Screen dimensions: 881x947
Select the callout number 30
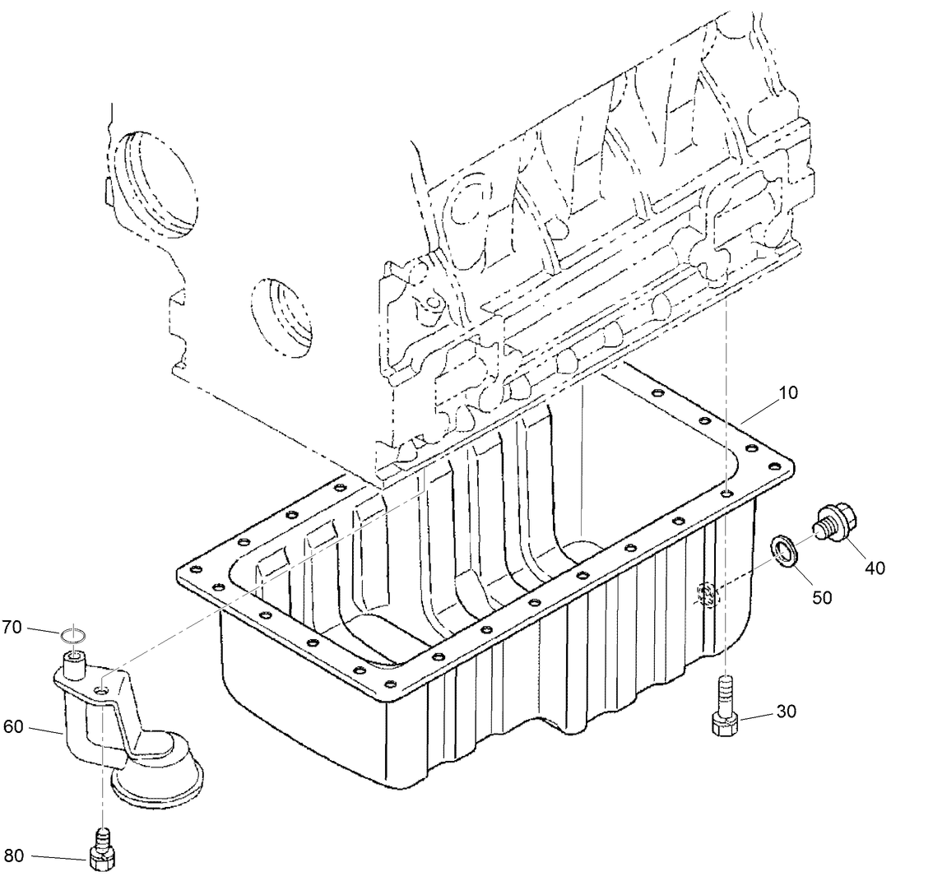[x=786, y=712]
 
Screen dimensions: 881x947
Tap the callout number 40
[x=875, y=568]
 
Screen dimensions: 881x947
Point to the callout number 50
[x=822, y=597]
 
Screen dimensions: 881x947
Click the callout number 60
[x=14, y=727]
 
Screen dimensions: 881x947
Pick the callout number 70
[x=11, y=628]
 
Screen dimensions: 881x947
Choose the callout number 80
[x=14, y=856]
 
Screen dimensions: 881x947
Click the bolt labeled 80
[x=101, y=851]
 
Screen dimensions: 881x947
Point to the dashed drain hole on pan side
[x=706, y=595]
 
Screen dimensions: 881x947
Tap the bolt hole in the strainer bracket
[x=101, y=690]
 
